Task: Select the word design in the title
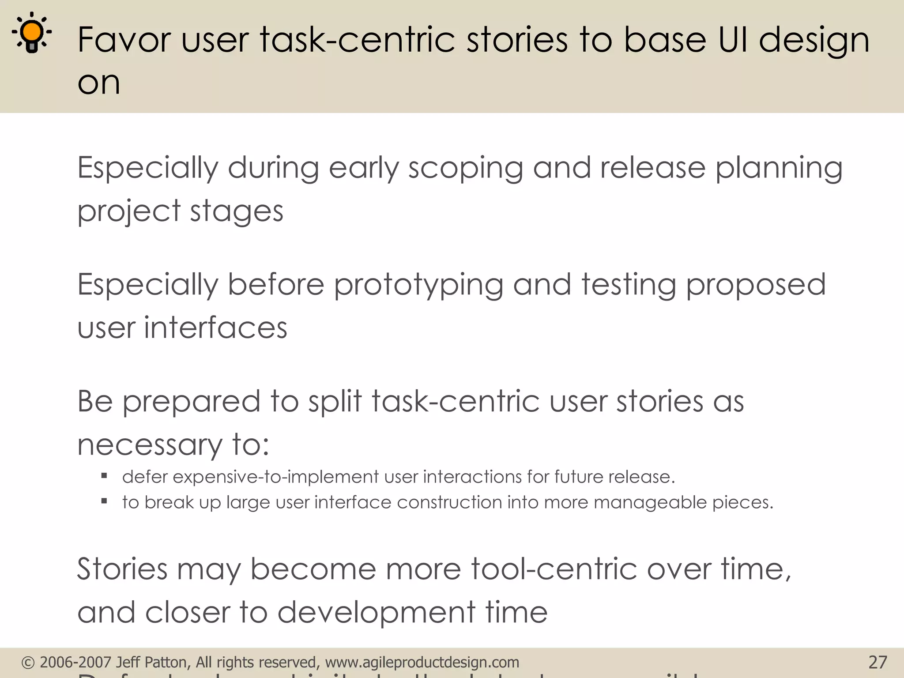[x=814, y=41]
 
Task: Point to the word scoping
[x=465, y=169]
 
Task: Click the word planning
[x=779, y=169]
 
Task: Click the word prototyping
[x=418, y=285]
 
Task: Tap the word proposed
[x=756, y=285]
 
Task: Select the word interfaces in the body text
[x=215, y=328]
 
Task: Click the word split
[x=335, y=401]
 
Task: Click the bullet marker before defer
[x=104, y=476]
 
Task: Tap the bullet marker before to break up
[x=104, y=501]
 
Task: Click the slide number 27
[x=878, y=662]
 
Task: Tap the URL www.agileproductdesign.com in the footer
[x=422, y=662]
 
